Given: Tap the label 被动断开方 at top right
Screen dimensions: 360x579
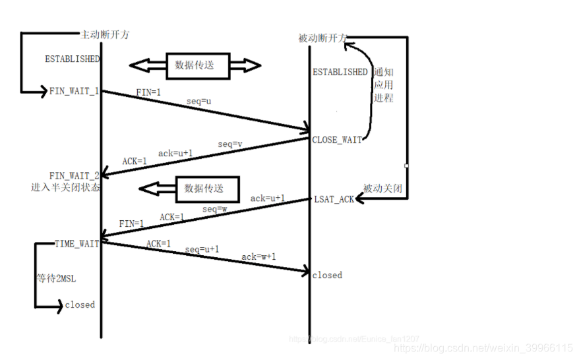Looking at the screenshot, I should tap(322, 38).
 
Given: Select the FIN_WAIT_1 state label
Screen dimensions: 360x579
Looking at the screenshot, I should tap(74, 91).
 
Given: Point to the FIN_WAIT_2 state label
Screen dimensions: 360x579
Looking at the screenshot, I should tap(74, 175).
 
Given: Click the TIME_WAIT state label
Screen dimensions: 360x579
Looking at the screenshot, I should tap(77, 244).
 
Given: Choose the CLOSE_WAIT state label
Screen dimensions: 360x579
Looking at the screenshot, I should tap(337, 140).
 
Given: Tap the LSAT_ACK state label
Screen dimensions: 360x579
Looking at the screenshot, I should tap(334, 199).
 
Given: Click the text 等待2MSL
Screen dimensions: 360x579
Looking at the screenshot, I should tap(56, 279).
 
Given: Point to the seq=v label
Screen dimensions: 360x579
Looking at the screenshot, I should tap(230, 144).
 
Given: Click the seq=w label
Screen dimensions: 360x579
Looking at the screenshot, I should tap(214, 209).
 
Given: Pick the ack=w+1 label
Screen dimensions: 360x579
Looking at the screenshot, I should tap(259, 256).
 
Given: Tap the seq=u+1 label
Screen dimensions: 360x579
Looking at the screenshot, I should tap(202, 250).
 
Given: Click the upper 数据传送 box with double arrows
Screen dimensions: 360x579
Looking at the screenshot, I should tap(195, 65).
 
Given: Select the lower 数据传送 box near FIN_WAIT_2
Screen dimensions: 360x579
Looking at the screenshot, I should tap(204, 189).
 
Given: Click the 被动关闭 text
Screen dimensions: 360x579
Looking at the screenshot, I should tap(382, 189).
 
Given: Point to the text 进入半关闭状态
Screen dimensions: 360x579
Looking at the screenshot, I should tap(65, 187).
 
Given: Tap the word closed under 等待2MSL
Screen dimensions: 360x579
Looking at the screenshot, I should tap(80, 305).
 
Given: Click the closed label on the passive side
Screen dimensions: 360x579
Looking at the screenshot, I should tap(327, 275).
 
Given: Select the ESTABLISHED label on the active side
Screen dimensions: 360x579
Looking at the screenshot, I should tap(72, 59).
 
